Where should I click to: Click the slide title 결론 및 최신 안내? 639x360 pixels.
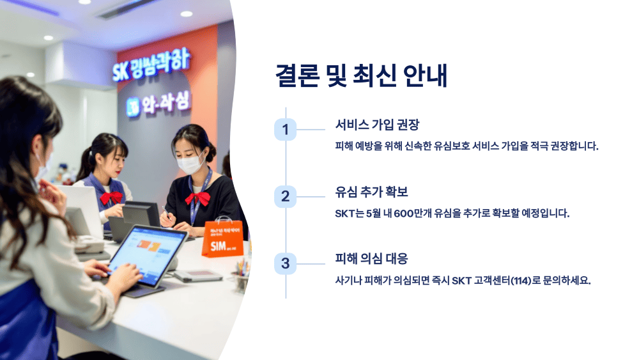tap(361, 75)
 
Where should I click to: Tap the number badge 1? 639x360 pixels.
tap(285, 129)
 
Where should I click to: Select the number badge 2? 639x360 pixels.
tap(285, 196)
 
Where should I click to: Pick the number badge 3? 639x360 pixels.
tap(285, 263)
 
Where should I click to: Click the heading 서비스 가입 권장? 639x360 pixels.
tap(377, 125)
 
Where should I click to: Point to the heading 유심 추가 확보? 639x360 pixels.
tap(371, 191)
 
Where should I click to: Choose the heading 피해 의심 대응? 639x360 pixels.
tap(371, 258)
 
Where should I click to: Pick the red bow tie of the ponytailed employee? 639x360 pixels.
tap(111, 198)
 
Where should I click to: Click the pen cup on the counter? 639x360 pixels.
tap(240, 280)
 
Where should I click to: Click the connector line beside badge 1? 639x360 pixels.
tap(311, 130)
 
